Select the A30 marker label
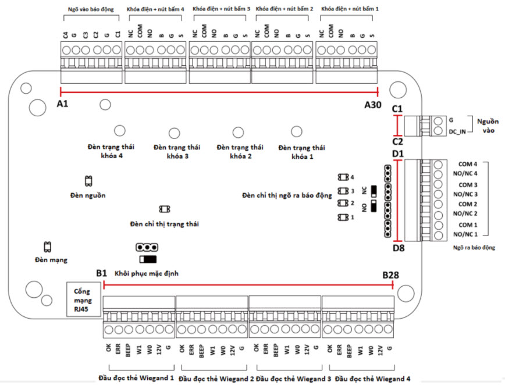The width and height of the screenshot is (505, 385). pyautogui.click(x=372, y=105)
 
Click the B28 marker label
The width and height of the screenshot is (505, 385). pyautogui.click(x=391, y=275)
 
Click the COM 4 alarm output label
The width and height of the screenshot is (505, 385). pyautogui.click(x=468, y=164)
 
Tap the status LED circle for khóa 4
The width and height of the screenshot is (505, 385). pyautogui.click(x=120, y=130)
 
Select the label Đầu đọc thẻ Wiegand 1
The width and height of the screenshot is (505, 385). pyautogui.click(x=136, y=377)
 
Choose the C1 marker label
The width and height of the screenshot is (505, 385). pyautogui.click(x=398, y=109)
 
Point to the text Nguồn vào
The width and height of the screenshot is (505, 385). pyautogui.click(x=488, y=125)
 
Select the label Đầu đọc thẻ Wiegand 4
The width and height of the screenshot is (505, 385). pyautogui.click(x=372, y=379)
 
